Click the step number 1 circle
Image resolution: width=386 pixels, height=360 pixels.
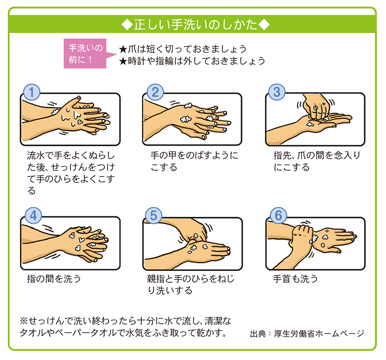click(x=31, y=92)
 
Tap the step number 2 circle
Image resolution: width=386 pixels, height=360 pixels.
click(x=155, y=92)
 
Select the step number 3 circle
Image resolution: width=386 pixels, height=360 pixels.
click(x=276, y=92)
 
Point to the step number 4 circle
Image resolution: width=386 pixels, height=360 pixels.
click(x=33, y=215)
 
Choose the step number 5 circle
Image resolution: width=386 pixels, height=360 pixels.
click(x=153, y=215)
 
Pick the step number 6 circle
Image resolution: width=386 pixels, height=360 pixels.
click(x=278, y=215)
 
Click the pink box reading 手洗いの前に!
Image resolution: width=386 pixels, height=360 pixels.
click(x=85, y=54)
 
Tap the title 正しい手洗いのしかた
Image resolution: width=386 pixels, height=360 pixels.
click(x=196, y=25)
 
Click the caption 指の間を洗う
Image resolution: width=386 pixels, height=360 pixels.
click(x=54, y=279)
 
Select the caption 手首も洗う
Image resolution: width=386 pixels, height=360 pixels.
click(x=295, y=279)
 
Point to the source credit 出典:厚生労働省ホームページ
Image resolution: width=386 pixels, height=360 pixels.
click(x=307, y=333)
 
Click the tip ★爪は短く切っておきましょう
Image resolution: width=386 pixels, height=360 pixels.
click(x=183, y=49)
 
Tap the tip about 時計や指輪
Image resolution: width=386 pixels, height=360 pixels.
click(x=192, y=61)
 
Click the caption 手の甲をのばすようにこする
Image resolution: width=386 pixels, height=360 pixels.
click(x=194, y=161)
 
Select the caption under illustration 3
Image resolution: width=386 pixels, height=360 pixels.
click(x=317, y=161)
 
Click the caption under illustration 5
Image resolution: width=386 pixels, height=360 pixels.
click(x=191, y=284)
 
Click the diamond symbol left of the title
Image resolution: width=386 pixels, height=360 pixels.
click(x=127, y=25)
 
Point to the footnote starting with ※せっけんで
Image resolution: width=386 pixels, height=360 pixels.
click(x=125, y=327)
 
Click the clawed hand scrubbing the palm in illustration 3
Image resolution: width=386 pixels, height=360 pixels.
click(x=316, y=106)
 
